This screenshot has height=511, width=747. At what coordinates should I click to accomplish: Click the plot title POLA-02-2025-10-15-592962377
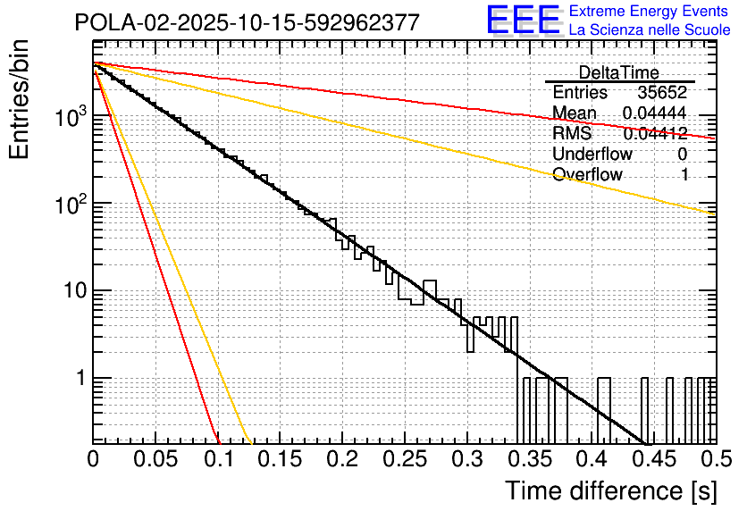247,23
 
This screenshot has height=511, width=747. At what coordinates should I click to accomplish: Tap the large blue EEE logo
523,21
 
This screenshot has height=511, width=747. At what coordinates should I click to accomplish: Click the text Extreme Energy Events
650,12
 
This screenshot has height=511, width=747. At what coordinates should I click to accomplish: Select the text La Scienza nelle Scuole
650,29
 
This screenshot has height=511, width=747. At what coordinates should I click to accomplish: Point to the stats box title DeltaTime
618,72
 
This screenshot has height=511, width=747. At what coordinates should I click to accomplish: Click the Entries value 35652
662,93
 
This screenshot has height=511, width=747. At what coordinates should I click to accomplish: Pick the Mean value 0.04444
654,113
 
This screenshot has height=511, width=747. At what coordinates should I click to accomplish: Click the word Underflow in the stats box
592,155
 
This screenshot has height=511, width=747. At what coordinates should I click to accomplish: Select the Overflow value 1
684,175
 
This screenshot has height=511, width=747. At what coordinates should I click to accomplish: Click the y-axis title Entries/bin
21,99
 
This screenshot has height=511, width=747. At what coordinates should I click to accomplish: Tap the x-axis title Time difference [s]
610,490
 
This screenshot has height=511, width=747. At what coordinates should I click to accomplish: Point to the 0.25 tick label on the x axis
405,460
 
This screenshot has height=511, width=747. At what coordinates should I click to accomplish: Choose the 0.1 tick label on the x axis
218,460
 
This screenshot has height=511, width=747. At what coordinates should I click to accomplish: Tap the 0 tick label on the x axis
94,460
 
